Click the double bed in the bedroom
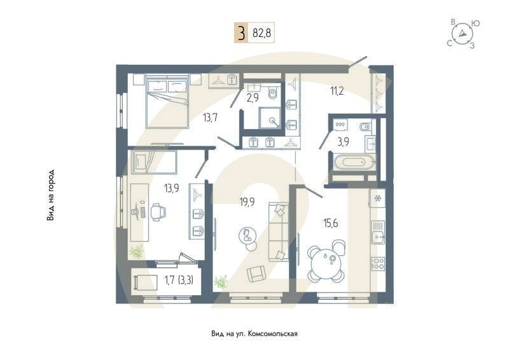167,100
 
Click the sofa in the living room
278,232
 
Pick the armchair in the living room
257,273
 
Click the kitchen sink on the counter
378,232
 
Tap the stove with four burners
378,263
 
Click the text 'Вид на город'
50,195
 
